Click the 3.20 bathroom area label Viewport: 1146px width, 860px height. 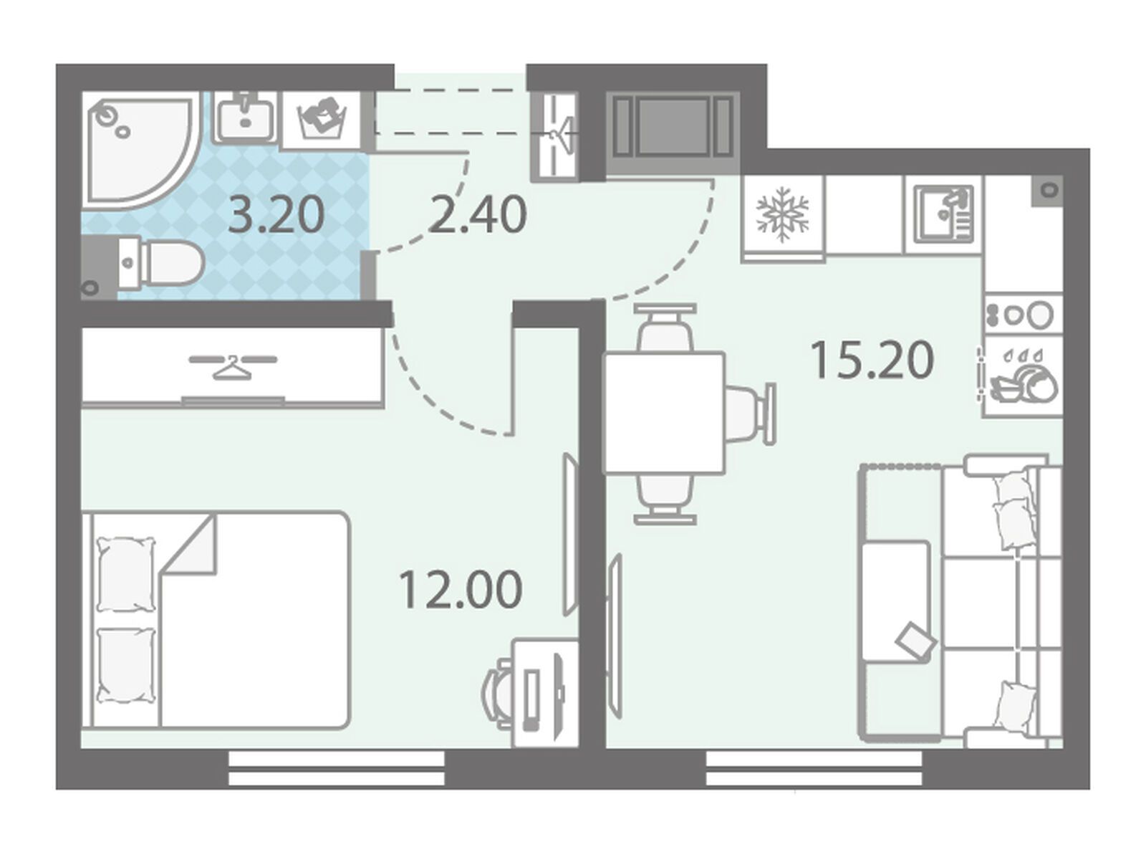276,216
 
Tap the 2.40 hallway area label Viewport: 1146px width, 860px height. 477,214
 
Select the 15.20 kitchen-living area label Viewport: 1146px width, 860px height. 872,360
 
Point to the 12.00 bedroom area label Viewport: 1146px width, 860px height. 461,590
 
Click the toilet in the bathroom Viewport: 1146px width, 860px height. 157,262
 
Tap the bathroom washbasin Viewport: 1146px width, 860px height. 244,118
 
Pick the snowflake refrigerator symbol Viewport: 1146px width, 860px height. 783,214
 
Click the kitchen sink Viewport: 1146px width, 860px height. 944,214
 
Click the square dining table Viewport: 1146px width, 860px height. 665,413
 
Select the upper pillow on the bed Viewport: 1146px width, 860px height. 127,575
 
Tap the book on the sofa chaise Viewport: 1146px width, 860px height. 916,639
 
